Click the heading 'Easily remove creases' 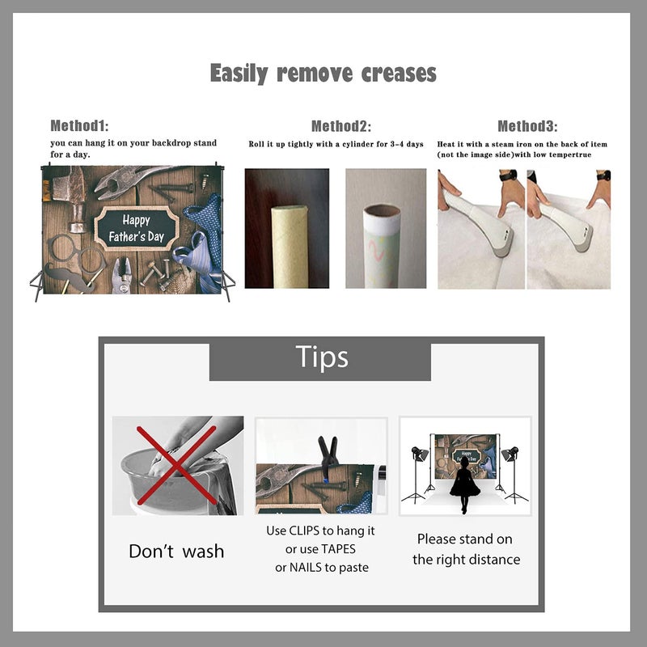coord(323,74)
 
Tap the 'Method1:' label coord(79,125)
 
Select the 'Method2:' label coord(340,126)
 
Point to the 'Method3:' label coord(527,126)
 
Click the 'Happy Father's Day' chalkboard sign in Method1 coord(137,228)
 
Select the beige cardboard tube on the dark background coord(290,247)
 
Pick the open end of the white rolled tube coord(382,213)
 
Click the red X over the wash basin coord(176,466)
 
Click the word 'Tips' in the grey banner coord(322,357)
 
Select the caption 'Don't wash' coord(176,552)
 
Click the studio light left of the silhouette coord(417,475)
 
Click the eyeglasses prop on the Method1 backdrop coord(77,252)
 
